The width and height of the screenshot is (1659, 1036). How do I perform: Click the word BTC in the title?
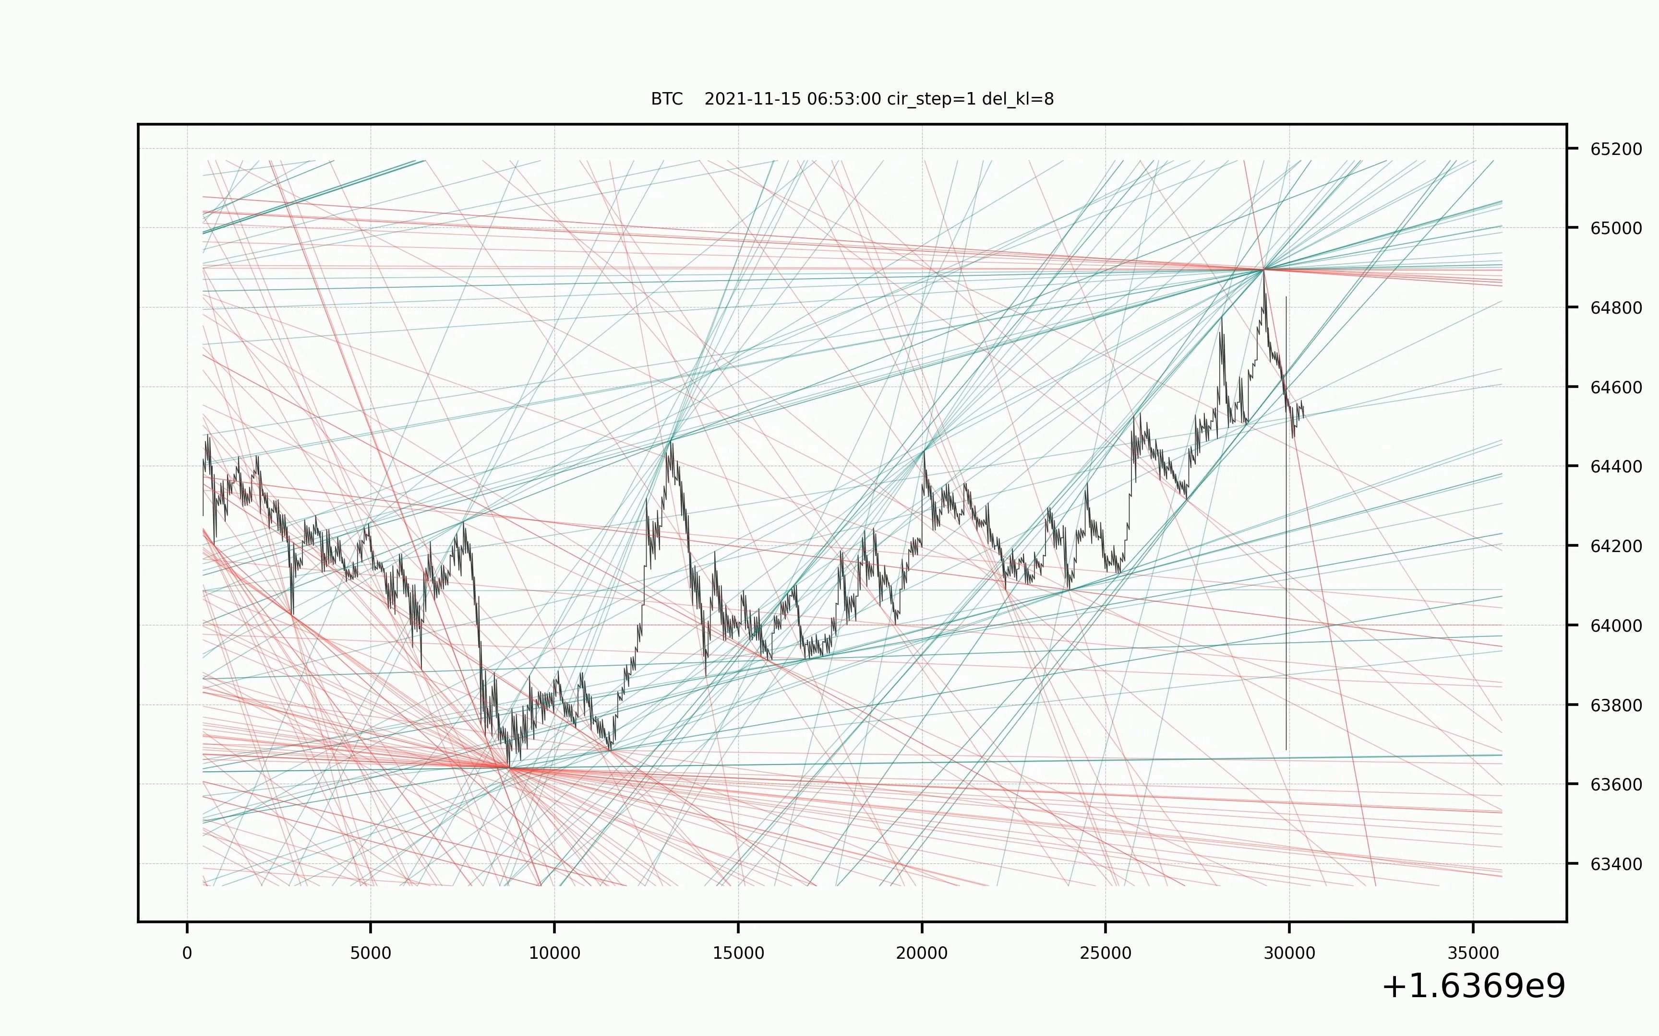666,99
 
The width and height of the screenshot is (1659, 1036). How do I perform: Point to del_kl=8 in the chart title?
1018,99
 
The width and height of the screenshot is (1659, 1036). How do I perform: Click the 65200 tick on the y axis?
1616,149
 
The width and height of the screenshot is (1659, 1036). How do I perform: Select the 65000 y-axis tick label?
1616,229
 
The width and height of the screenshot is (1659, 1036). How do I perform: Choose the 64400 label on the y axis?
1616,467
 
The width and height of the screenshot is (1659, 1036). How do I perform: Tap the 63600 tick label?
1616,785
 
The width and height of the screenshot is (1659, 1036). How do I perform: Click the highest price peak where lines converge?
1263,269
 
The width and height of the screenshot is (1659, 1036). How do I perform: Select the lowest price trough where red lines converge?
509,768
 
